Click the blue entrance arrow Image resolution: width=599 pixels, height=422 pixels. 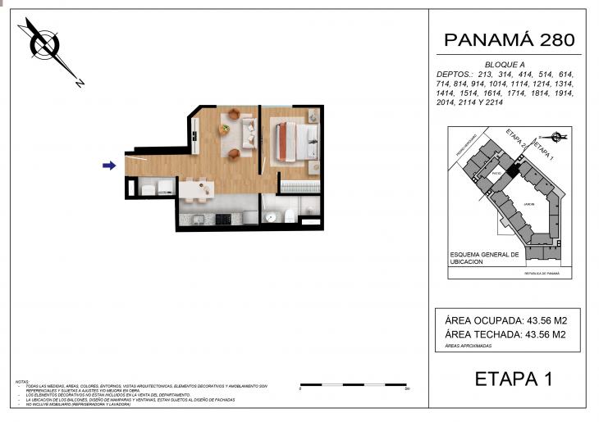click(x=108, y=166)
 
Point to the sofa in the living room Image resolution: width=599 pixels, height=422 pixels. click(x=249, y=131)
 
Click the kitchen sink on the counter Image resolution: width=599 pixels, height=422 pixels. click(x=196, y=220)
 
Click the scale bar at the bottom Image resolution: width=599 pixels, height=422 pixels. click(x=354, y=384)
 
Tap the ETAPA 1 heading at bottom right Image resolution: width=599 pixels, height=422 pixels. click(x=514, y=379)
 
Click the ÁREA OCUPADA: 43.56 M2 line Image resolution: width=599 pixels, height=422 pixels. click(x=507, y=320)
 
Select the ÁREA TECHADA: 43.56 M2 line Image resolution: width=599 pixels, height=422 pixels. click(x=507, y=334)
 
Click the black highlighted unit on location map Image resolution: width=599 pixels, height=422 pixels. click(x=513, y=170)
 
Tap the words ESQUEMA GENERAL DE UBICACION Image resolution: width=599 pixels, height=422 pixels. click(x=484, y=258)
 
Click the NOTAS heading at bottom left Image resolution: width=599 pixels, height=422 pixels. click(x=23, y=382)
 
